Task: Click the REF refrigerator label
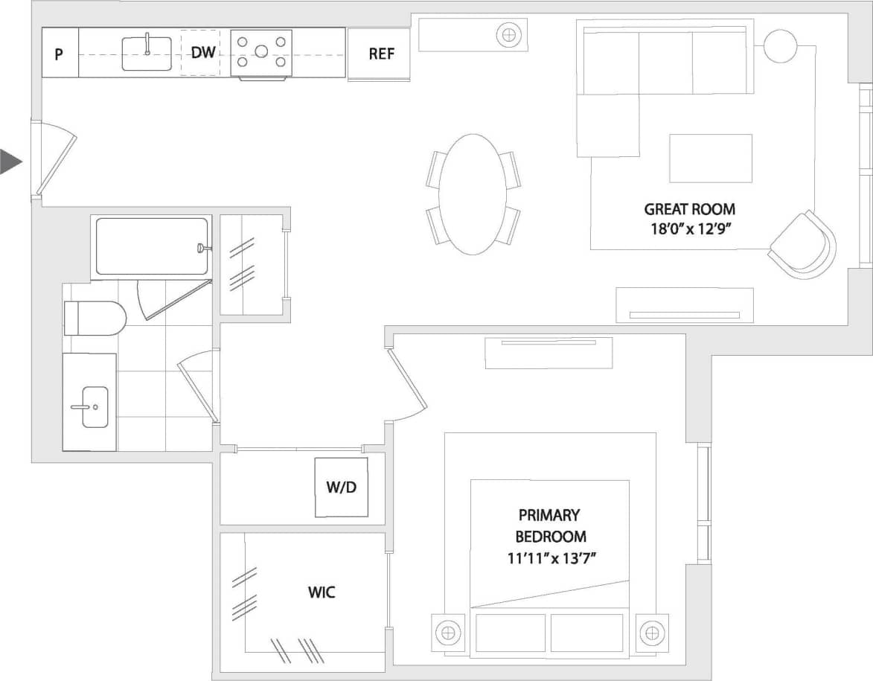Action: pos(381,54)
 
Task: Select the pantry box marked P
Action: pos(59,54)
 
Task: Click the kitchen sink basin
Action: pos(147,52)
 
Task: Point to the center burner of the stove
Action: pos(260,51)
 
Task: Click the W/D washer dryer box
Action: pos(341,487)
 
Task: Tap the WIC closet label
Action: pos(322,592)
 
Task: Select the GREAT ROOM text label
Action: pos(689,209)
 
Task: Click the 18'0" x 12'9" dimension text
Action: pos(689,228)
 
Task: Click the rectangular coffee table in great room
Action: pos(710,158)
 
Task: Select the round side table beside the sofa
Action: pos(780,46)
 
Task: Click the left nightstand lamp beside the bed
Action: pos(447,633)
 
